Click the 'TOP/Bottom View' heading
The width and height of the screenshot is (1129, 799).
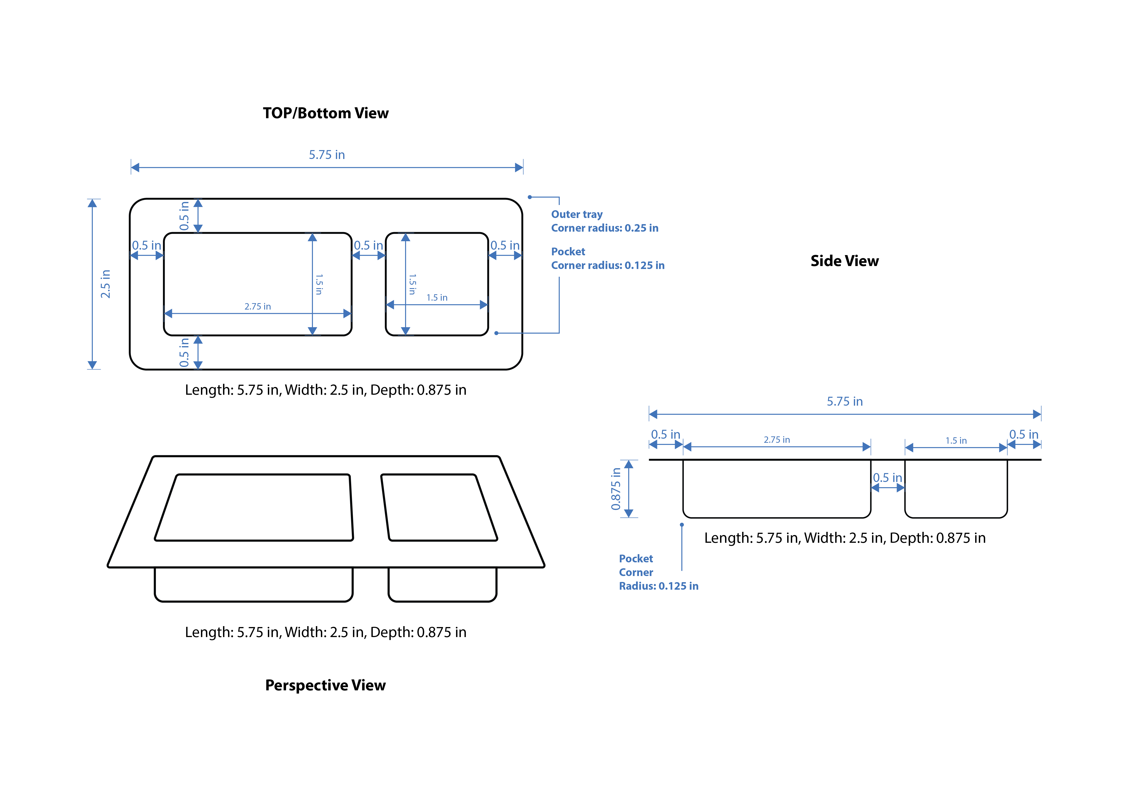(x=325, y=113)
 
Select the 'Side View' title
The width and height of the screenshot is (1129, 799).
(x=844, y=261)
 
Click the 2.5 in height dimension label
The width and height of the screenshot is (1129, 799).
(x=105, y=284)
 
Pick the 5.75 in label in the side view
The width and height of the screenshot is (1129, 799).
(x=844, y=402)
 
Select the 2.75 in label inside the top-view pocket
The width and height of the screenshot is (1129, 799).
(x=258, y=307)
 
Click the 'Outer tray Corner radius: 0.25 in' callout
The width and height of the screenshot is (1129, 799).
(x=604, y=221)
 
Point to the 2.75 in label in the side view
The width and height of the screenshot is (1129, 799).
(x=776, y=440)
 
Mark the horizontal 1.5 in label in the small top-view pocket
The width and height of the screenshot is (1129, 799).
(x=437, y=298)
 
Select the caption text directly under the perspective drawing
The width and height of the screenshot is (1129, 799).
(x=325, y=632)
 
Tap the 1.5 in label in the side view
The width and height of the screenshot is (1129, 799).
(x=956, y=441)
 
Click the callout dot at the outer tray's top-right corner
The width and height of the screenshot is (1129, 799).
(x=530, y=197)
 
